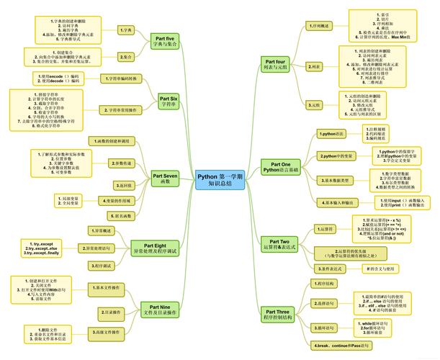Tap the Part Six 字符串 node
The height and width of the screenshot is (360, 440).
point(168,99)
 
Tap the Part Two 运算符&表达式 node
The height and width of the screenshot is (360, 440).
point(279,244)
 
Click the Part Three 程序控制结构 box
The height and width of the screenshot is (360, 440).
point(278,315)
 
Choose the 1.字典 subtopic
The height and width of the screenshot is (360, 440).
point(126,30)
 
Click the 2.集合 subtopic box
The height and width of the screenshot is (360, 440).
point(126,56)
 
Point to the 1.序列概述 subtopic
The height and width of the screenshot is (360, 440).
point(320,26)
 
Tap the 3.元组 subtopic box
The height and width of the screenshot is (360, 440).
point(314,105)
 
